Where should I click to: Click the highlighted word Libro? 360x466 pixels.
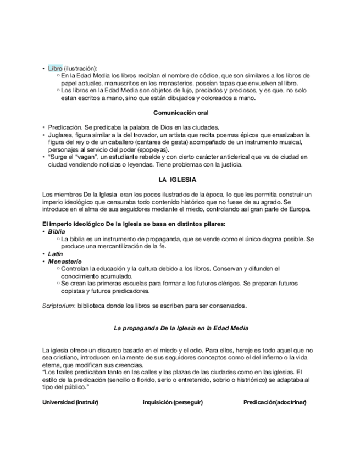pyautogui.click(x=55, y=68)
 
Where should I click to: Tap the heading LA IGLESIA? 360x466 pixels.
pyautogui.click(x=178, y=180)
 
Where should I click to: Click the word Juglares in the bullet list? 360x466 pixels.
pyautogui.click(x=59, y=134)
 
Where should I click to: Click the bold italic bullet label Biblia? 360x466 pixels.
pyautogui.click(x=57, y=232)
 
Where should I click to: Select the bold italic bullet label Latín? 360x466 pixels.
pyautogui.click(x=56, y=254)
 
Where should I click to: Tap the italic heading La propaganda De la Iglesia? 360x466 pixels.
pyautogui.click(x=181, y=328)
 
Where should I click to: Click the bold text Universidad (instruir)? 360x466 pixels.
pyautogui.click(x=70, y=402)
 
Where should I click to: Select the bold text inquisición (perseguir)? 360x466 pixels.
pyautogui.click(x=173, y=402)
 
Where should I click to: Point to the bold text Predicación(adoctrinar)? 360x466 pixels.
pyautogui.click(x=275, y=402)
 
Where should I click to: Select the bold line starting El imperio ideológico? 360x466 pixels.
pyautogui.click(x=134, y=224)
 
